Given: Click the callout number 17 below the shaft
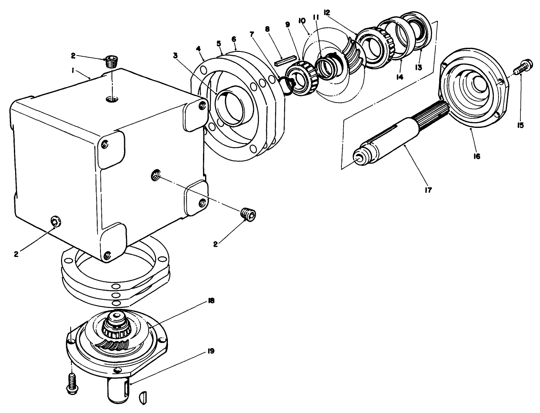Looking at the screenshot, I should click(428, 190).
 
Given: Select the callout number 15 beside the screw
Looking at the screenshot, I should click(520, 125).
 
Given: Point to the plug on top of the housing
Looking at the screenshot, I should click(111, 62).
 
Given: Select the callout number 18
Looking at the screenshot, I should click(211, 300).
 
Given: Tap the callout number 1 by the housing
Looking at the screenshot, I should click(73, 70).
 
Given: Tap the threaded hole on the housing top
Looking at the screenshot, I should click(111, 99).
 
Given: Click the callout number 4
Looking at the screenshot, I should click(199, 49).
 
